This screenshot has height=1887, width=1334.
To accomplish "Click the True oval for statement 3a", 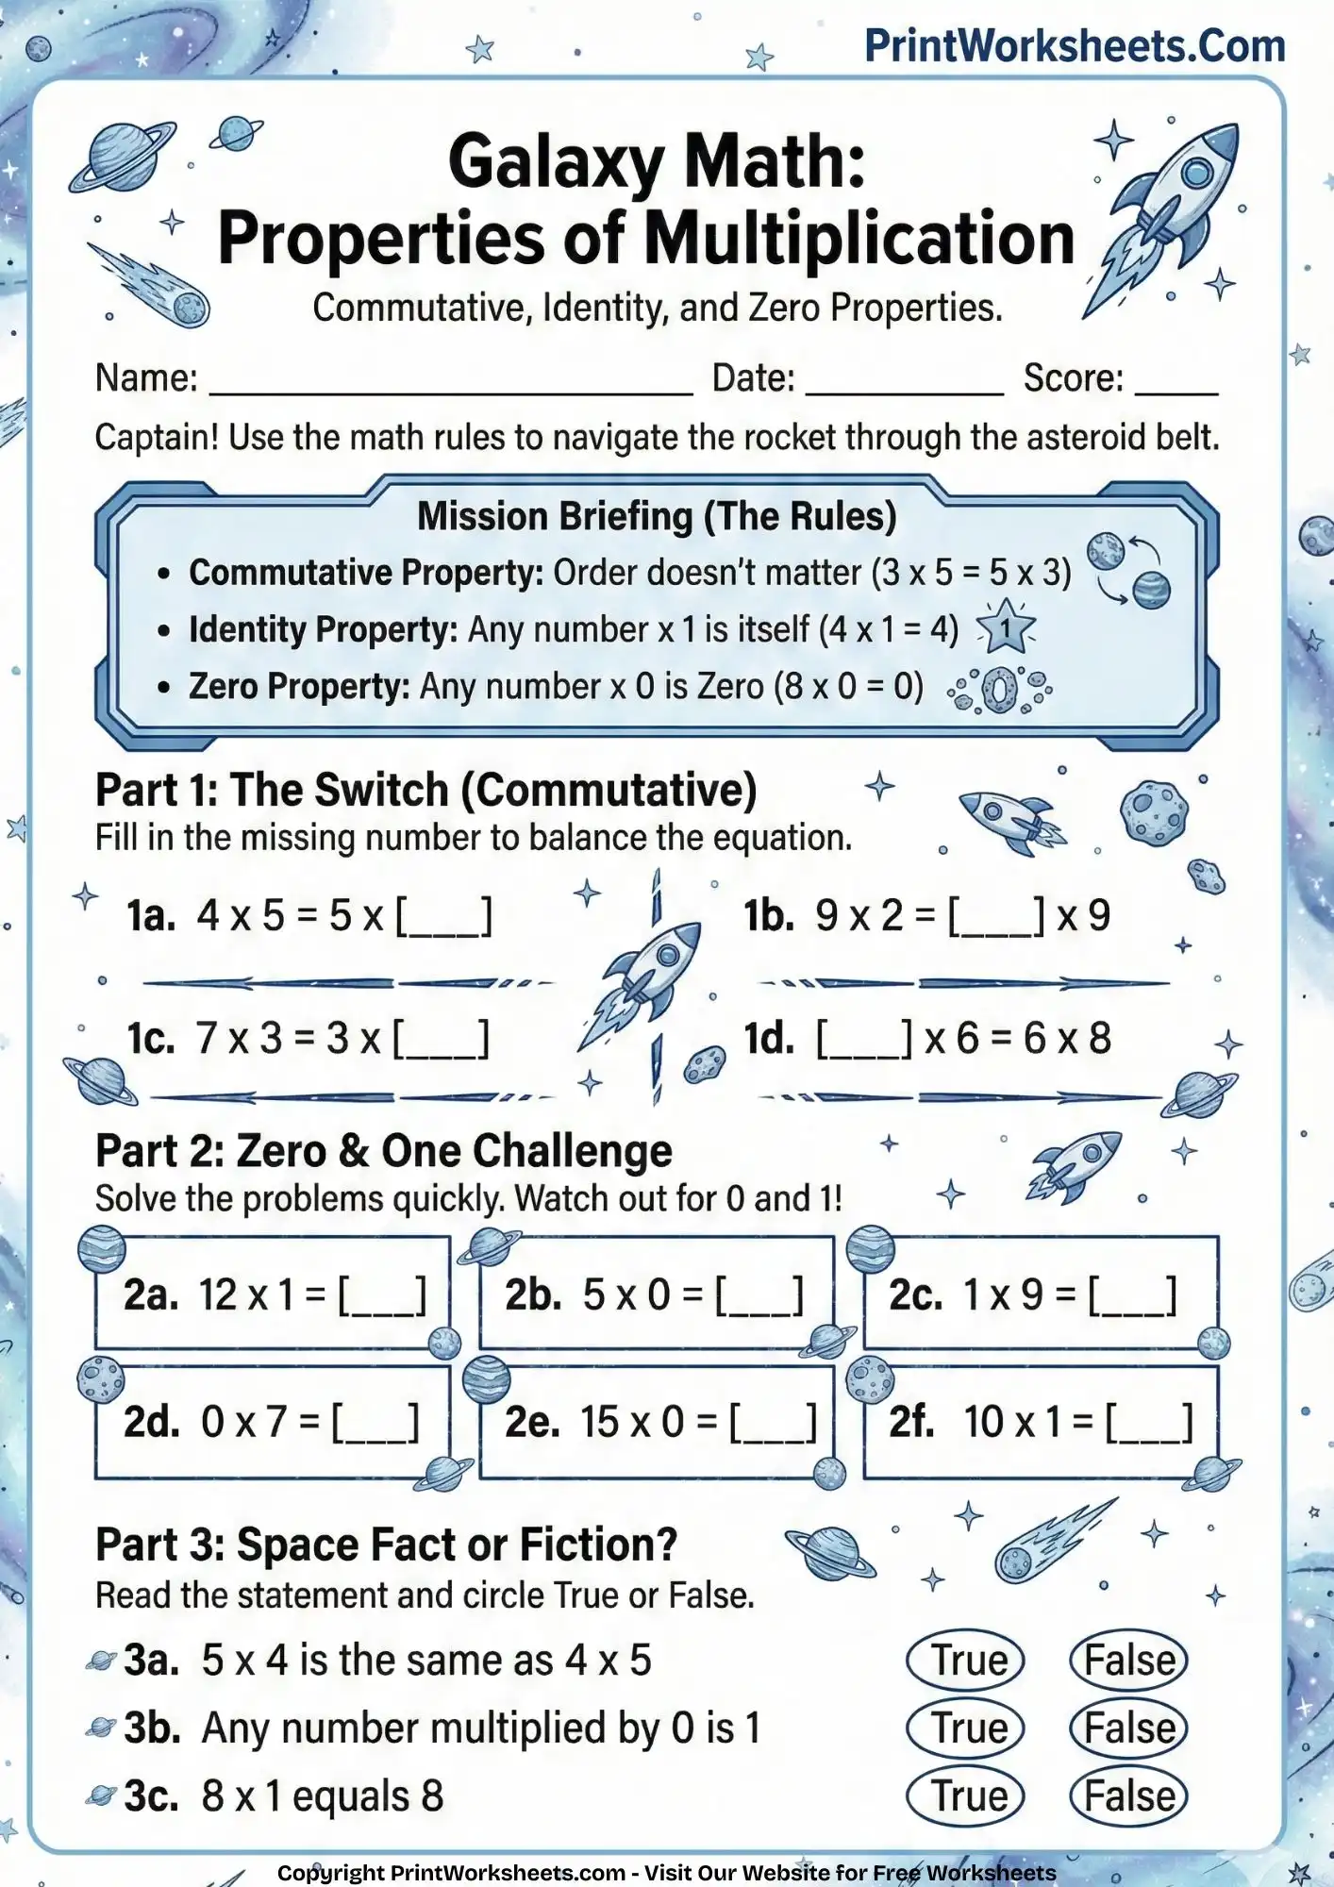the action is point(965,1661).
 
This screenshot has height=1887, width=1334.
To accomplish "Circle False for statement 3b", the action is point(1128,1728).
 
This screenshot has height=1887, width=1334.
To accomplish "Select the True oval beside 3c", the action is point(965,1795).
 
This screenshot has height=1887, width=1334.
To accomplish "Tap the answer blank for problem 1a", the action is point(443,916).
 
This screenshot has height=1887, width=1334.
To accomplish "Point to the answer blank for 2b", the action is point(759,1295).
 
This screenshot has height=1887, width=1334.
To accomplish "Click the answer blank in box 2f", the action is point(1149,1423).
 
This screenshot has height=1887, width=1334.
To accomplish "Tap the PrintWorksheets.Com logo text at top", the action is point(1075,46).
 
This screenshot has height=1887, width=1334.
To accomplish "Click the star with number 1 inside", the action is point(1006,628).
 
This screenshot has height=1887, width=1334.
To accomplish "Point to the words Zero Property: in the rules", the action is point(299,686).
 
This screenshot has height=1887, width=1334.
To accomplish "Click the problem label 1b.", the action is point(769,916).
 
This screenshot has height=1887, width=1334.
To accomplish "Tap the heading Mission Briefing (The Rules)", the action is point(657,516).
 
